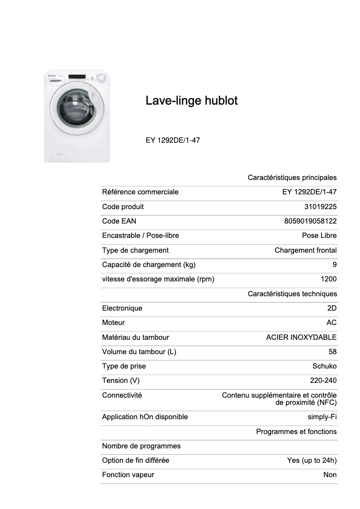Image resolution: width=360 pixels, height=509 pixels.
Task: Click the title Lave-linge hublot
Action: click(191, 101)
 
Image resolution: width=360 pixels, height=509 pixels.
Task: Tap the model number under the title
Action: click(173, 140)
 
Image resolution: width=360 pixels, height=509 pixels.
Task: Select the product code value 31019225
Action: click(320, 207)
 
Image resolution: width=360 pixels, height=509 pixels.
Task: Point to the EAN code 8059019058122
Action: click(311, 221)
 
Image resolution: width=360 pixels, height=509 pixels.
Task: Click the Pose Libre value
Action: click(319, 236)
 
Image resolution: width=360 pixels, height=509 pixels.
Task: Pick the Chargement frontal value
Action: click(306, 250)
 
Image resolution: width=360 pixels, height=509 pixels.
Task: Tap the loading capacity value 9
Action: click(334, 265)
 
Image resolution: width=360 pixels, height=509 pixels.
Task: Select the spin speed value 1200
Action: click(329, 279)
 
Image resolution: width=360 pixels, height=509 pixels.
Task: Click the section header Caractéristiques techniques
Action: click(292, 294)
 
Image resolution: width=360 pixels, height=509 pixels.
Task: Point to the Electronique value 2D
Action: click(332, 308)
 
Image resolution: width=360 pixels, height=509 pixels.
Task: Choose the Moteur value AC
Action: click(332, 323)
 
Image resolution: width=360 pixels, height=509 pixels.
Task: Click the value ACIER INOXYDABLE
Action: click(301, 337)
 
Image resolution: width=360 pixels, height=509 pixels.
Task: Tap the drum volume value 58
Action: click(332, 352)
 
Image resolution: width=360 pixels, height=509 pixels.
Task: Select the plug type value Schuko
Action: click(325, 366)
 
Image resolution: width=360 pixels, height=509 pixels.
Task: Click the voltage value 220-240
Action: click(323, 381)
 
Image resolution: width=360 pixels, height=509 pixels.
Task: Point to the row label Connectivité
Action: click(122, 395)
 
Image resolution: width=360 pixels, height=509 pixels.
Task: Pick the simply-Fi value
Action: click(322, 417)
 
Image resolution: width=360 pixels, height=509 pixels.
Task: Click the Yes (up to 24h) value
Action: click(312, 461)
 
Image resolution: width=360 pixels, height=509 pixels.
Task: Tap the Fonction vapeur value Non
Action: click(330, 475)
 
